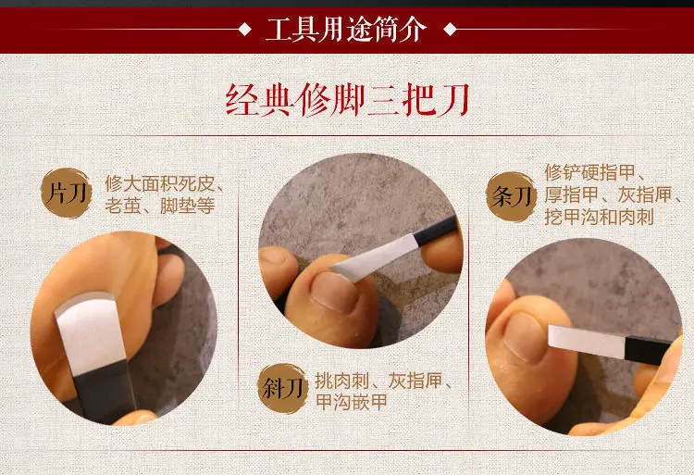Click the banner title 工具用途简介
pos(346,31)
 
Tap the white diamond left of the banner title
pos(244,30)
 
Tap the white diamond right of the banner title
pos(450,30)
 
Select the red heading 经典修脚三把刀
pos(347,101)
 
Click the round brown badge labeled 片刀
pos(67,194)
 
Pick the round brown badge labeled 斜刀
pos(283,388)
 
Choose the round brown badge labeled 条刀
pos(512,196)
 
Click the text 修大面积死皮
pos(159,183)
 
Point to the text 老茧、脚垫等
pos(160,206)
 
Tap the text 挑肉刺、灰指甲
pos(378,381)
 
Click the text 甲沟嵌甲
pos(352,403)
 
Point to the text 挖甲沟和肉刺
pos(599,218)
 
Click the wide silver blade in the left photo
pos(91,333)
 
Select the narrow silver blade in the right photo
pos(587,342)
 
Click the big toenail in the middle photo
pos(333,292)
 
